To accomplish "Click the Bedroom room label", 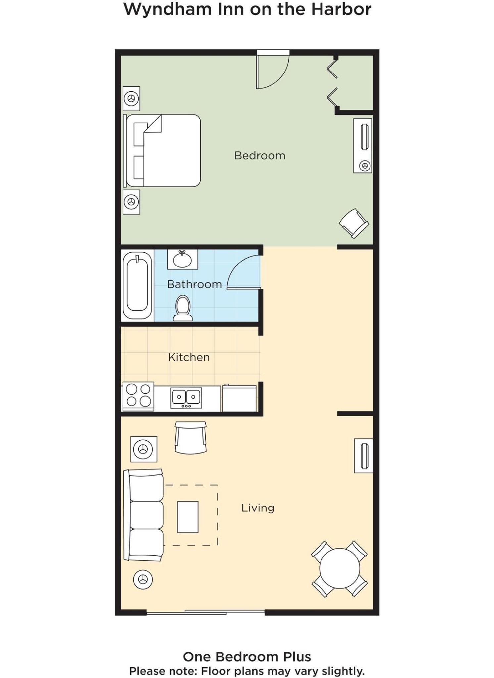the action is pos(260,155).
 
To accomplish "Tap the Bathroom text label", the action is pos(194,284).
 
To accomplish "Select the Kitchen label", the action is pos(189,357).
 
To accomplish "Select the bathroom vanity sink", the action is pos(182,259).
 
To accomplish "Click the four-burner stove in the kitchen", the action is pos(138,396).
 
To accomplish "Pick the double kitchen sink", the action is pos(186,398).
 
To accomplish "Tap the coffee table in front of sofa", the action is pos(188,517).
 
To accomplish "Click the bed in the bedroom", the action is pos(162,151).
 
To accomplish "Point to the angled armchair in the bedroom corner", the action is pos(354,223).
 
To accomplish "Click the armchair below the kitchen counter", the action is pos(190,437).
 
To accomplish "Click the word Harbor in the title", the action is pos(341,9).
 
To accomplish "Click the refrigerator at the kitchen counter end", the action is pos(239,398).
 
